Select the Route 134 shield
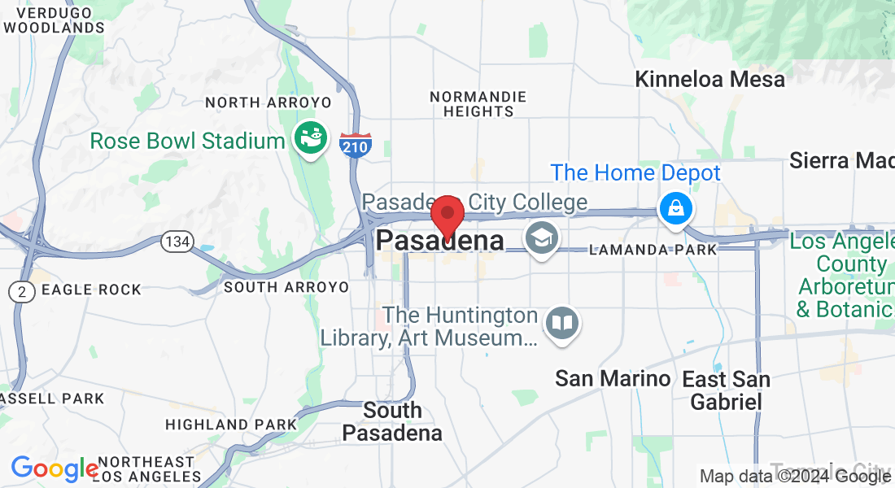[177, 242]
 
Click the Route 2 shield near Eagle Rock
[22, 291]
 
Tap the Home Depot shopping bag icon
[676, 209]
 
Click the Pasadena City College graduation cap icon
[540, 238]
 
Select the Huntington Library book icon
[562, 323]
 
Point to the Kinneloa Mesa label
[709, 80]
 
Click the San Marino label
[613, 378]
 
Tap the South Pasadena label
[392, 421]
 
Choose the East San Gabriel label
[726, 390]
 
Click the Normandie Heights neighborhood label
[478, 103]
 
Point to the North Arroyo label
[268, 102]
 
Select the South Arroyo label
[286, 287]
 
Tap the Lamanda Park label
[653, 250]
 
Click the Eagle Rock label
[90, 290]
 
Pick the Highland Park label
[231, 425]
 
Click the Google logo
[54, 468]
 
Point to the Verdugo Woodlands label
[54, 20]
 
